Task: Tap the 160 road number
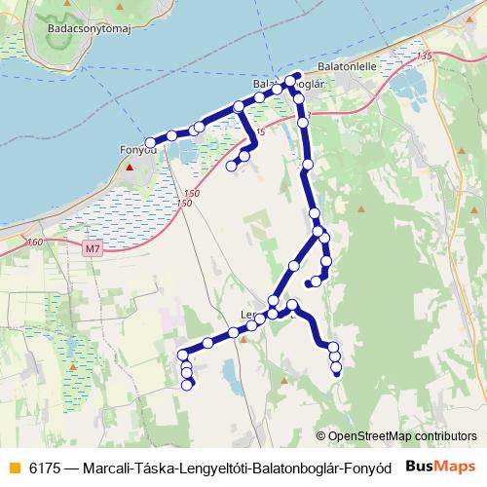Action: click(x=35, y=242)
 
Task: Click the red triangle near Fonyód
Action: click(x=129, y=168)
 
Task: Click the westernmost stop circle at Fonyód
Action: click(x=150, y=143)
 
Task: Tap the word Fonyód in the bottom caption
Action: click(x=364, y=467)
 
